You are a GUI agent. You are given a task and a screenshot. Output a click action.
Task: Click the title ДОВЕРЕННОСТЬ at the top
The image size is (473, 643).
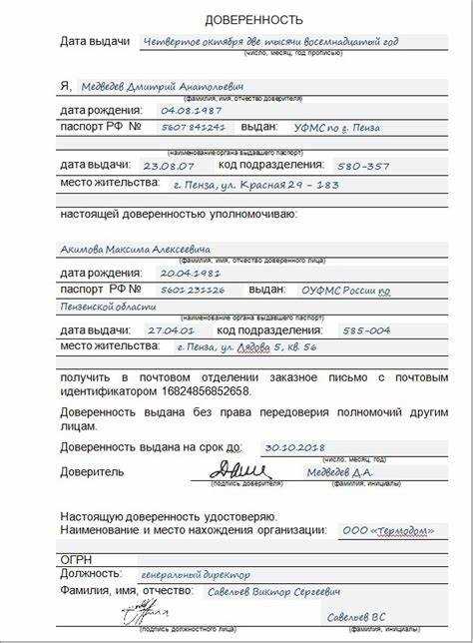coord(253,20)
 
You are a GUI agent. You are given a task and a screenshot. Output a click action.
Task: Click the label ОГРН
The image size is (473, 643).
coord(77,557)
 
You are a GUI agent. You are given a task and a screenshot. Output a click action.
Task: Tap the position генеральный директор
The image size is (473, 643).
coord(194,575)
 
